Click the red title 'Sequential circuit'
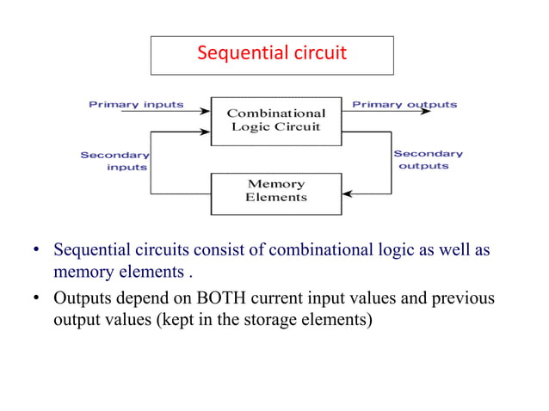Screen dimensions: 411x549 click(272, 53)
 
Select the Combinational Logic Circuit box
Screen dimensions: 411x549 click(275, 120)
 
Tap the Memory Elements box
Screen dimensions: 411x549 click(275, 191)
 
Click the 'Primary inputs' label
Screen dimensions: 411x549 click(136, 105)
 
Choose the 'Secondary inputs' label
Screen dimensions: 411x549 click(114, 161)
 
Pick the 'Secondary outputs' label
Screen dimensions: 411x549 click(428, 160)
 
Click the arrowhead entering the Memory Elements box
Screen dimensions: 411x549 click(347, 193)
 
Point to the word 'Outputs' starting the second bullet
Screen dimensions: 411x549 click(81, 298)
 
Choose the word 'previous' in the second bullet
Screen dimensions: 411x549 click(461, 298)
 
